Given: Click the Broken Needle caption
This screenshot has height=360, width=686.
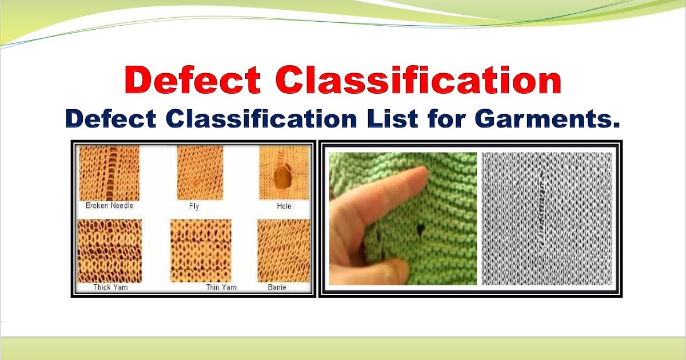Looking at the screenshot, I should [109, 206].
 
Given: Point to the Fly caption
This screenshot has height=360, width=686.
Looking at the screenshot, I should [194, 206].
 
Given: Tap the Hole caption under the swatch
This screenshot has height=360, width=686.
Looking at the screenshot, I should [284, 206].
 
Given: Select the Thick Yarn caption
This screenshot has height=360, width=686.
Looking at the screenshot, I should [110, 287].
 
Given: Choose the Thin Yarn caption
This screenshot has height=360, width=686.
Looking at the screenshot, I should [221, 287].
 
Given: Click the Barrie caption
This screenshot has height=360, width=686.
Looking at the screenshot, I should [277, 287].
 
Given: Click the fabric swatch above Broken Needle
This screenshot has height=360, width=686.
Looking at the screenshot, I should [109, 173].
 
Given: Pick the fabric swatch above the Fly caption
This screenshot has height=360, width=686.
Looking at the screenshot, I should [200, 173].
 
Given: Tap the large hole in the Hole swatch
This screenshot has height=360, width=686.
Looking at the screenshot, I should [282, 179].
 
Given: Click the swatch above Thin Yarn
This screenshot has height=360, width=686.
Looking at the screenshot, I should [201, 250].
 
